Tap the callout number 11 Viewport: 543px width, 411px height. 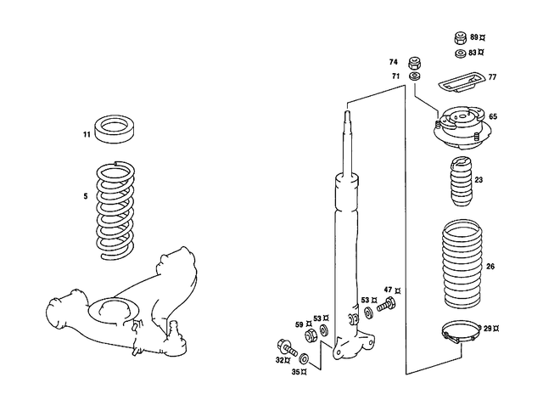pyautogui.click(x=87, y=135)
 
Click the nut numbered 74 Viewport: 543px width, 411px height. pyautogui.click(x=415, y=63)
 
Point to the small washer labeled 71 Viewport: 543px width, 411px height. pyautogui.click(x=415, y=77)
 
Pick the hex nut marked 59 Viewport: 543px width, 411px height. pyautogui.click(x=311, y=335)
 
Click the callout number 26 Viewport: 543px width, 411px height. pyautogui.click(x=490, y=267)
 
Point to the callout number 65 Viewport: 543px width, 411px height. pyautogui.click(x=493, y=116)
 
